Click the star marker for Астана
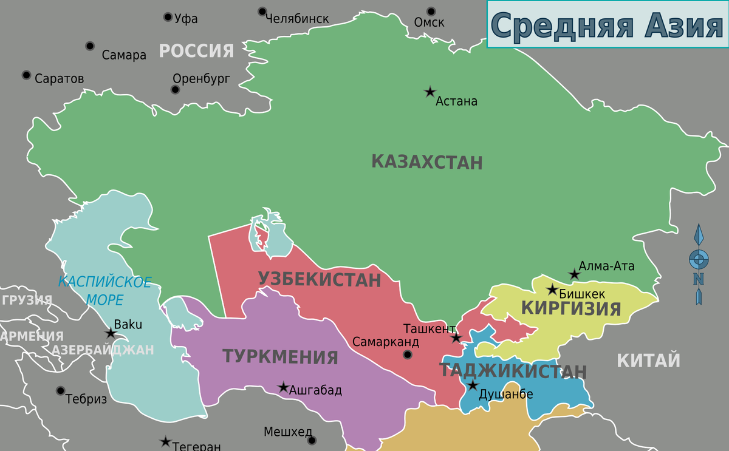pos(430,92)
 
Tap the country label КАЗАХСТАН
pos(426,163)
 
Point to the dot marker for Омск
pos(431,11)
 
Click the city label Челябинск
pos(297,19)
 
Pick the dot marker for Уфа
pos(168,17)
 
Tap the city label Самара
pos(124,55)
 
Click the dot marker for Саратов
pos(26,75)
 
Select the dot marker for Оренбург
pos(176,90)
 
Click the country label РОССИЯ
pos(196,51)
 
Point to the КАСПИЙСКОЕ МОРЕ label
pos(104,290)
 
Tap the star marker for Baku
pos(111,333)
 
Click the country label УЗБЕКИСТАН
pos(320,280)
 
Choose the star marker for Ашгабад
pos(283,387)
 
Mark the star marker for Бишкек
pos(552,290)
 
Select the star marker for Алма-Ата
pos(574,275)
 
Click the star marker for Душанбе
pos(473,385)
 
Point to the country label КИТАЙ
pos(648,361)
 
